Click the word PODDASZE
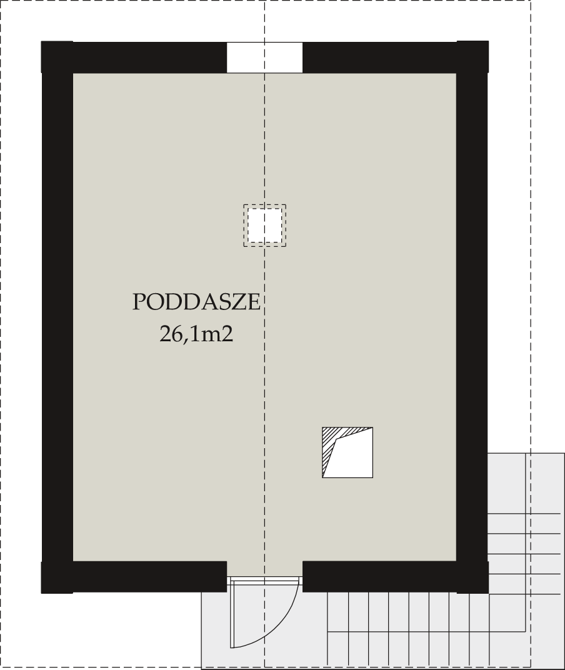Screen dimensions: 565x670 196,302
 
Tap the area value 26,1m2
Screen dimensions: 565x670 196,334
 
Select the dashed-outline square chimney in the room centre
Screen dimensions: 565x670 264,226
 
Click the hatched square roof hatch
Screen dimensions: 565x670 347,452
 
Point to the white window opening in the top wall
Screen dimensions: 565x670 264,57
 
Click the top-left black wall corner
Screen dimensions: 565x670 57,57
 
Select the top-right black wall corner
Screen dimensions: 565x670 472,57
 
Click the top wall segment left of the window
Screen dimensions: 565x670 134,57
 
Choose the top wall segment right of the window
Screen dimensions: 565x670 396,57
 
